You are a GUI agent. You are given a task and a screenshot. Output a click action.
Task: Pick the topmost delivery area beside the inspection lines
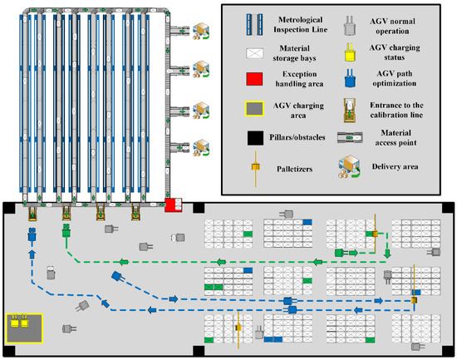(199, 27)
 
